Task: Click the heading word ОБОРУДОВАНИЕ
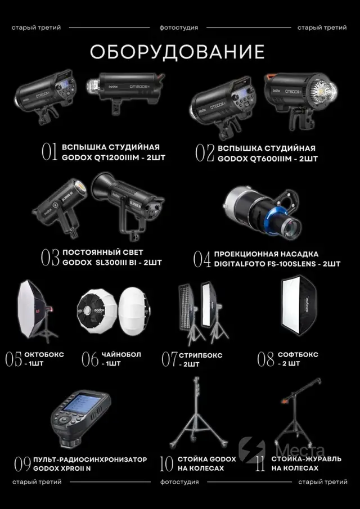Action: [x=177, y=52]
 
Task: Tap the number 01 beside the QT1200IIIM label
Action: [x=49, y=152]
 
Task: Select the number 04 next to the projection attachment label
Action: [x=202, y=259]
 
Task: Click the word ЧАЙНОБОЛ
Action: [x=121, y=354]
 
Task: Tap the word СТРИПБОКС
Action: [x=201, y=355]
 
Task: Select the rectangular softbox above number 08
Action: [x=299, y=306]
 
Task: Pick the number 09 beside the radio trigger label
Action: [x=23, y=464]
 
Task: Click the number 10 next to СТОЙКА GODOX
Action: [x=166, y=464]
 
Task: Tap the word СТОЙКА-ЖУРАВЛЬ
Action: [x=306, y=459]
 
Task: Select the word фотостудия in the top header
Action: [x=178, y=28]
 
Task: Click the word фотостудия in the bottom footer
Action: [x=179, y=482]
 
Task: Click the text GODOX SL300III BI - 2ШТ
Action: [x=112, y=263]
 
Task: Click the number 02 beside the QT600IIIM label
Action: [x=205, y=153]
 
